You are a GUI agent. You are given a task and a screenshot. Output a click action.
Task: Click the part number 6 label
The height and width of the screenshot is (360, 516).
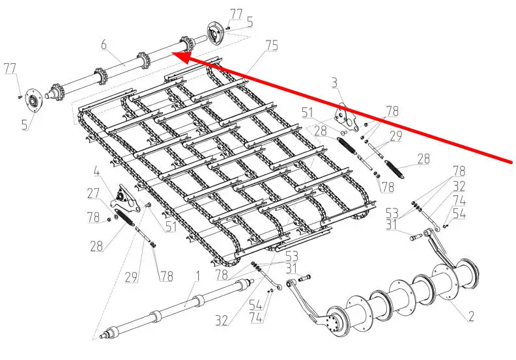(104, 44)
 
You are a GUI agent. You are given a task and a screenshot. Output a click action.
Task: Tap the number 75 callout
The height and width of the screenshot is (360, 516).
(272, 46)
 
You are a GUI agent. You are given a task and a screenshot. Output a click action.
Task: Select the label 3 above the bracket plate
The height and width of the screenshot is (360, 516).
(334, 83)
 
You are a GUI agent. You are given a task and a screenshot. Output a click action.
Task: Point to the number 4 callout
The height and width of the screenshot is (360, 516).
(96, 172)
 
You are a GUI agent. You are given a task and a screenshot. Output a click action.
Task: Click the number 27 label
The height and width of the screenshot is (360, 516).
(93, 193)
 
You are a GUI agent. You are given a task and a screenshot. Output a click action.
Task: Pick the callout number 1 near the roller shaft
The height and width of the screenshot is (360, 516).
(197, 277)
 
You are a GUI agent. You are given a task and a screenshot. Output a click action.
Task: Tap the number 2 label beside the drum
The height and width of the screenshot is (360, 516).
(471, 316)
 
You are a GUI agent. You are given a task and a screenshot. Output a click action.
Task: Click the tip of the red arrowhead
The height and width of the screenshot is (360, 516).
(173, 53)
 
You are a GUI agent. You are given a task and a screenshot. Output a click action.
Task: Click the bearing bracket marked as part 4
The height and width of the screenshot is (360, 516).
(124, 199)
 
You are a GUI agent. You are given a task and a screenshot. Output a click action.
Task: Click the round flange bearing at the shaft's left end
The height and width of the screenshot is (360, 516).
(33, 100)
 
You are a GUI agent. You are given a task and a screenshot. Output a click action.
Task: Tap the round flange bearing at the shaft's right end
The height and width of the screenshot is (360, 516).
(215, 34)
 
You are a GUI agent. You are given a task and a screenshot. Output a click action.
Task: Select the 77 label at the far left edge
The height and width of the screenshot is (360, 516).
(10, 69)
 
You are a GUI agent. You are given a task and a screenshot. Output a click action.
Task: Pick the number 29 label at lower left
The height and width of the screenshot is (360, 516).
(132, 277)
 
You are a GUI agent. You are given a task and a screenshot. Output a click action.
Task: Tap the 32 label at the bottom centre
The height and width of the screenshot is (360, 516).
(222, 320)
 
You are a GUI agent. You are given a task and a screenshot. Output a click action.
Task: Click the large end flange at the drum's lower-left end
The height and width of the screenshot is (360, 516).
(337, 323)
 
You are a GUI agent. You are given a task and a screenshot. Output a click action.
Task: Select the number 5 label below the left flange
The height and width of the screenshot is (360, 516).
(25, 124)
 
